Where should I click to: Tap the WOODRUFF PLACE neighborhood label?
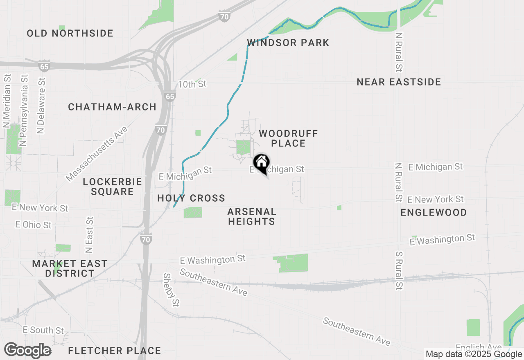click(288, 138)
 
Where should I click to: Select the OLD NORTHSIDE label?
click(70, 33)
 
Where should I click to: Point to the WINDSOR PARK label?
click(288, 43)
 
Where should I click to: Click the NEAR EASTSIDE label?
click(399, 82)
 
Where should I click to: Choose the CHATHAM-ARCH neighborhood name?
click(112, 107)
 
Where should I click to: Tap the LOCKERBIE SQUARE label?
click(112, 187)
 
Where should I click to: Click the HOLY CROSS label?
click(191, 198)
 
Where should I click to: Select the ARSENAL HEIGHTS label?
click(251, 216)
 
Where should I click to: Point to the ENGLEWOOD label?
click(434, 212)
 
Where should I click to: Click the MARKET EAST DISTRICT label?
click(70, 268)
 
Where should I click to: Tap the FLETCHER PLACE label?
click(114, 351)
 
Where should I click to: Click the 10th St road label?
click(192, 84)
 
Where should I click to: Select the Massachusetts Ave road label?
click(97, 153)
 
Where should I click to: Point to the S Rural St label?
click(399, 270)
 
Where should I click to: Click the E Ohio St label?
click(34, 225)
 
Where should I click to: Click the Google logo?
click(27, 350)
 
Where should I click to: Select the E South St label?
click(43, 330)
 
